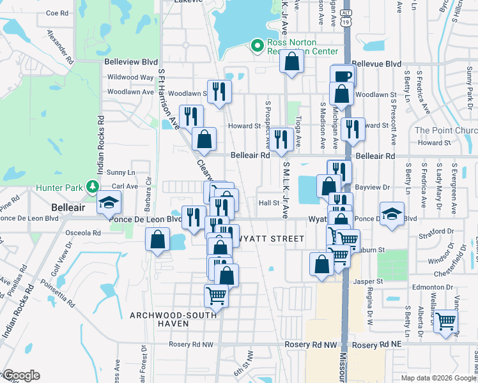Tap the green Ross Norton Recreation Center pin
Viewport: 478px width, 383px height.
[258, 45]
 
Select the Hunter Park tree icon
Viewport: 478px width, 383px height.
[93, 186]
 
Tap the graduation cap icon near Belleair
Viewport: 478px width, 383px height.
[108, 204]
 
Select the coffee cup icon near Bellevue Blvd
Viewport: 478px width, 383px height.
[343, 75]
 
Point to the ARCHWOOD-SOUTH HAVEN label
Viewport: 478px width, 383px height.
[160, 319]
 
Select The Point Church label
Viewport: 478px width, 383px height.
[446, 131]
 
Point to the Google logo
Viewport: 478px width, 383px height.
[22, 375]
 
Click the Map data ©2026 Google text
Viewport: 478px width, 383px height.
[438, 378]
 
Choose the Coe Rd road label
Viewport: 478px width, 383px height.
[58, 13]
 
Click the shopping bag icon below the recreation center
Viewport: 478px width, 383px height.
[291, 63]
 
